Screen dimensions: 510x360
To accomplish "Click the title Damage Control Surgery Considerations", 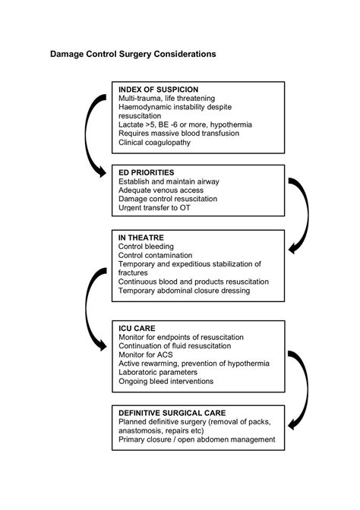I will pyautogui.click(x=133, y=55).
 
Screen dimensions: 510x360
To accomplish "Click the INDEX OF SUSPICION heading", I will pyautogui.click(x=160, y=89).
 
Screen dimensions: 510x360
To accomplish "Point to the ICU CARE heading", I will pyautogui.click(x=137, y=326).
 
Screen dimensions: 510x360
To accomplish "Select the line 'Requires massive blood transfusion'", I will pyautogui.click(x=179, y=132).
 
